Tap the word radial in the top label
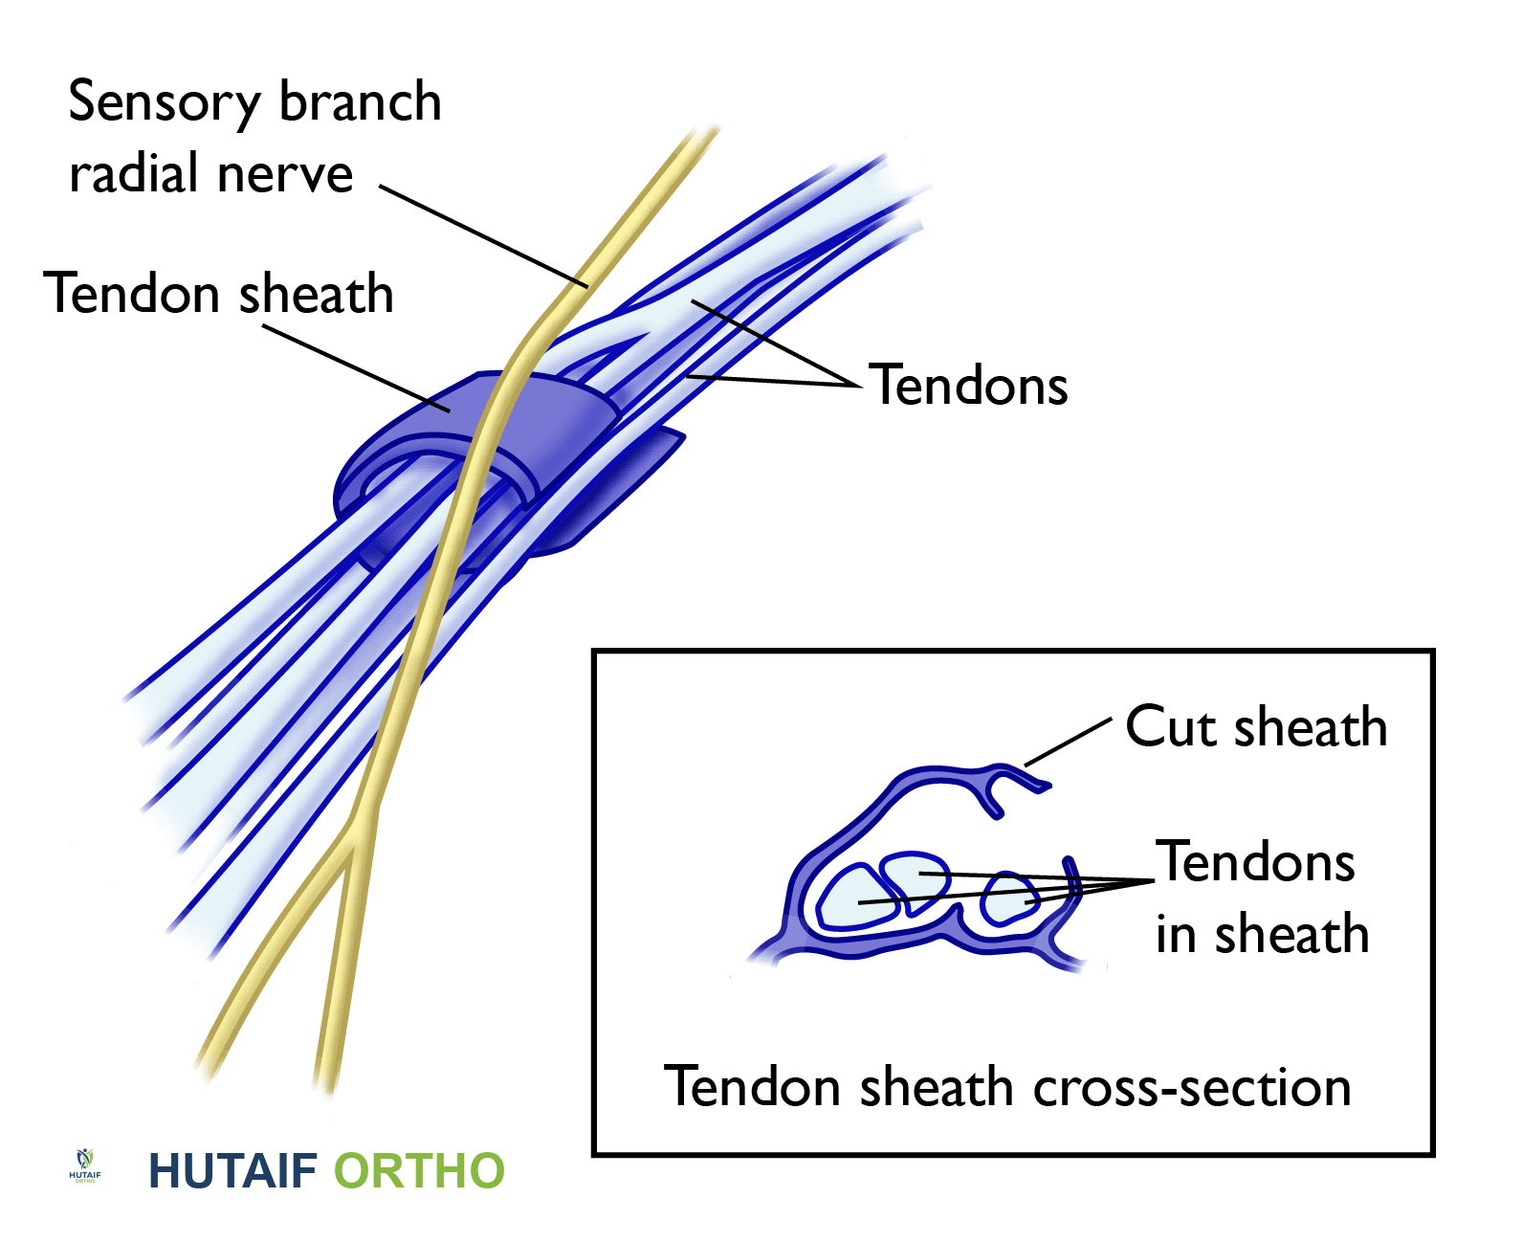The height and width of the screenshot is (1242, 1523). pyautogui.click(x=130, y=174)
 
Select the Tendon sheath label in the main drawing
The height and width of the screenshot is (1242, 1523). pyautogui.click(x=219, y=294)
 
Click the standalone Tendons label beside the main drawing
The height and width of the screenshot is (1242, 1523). pyautogui.click(x=968, y=386)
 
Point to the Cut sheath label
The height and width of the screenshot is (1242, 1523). pyautogui.click(x=1255, y=727)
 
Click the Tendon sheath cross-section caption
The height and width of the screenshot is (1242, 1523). pyautogui.click(x=1007, y=1088)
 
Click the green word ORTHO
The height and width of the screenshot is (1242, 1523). pyautogui.click(x=419, y=1171)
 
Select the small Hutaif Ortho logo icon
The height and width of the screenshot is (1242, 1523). pyautogui.click(x=85, y=1164)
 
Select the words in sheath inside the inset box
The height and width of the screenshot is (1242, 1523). pyautogui.click(x=1262, y=935)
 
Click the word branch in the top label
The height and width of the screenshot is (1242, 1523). pyautogui.click(x=360, y=102)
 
